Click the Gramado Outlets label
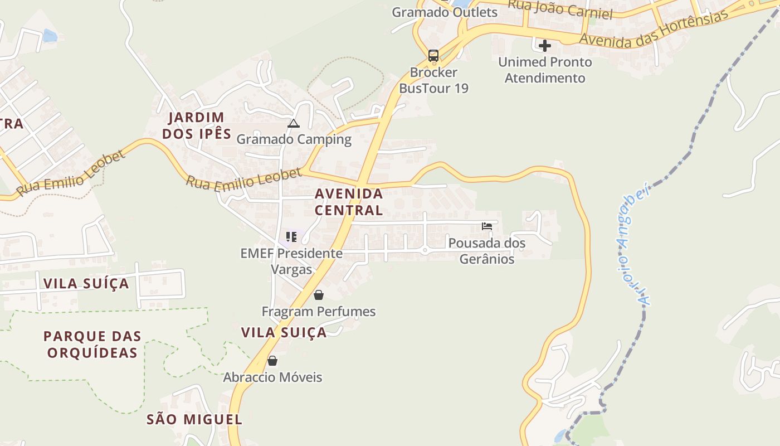click(x=445, y=12)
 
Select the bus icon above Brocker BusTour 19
click(x=433, y=56)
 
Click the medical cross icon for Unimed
click(x=545, y=45)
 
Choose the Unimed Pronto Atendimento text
click(x=545, y=70)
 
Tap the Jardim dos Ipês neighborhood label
click(x=197, y=125)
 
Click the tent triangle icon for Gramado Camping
click(x=294, y=123)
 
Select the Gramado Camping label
click(x=294, y=139)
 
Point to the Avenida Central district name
click(x=349, y=202)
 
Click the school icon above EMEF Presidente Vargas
click(x=291, y=237)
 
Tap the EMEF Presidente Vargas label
click(x=291, y=261)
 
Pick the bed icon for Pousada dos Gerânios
click(x=487, y=226)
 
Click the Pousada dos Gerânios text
click(x=487, y=251)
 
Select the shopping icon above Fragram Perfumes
click(x=319, y=295)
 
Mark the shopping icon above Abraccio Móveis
click(x=272, y=361)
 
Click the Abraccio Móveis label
click(x=272, y=377)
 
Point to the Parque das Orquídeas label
click(x=92, y=345)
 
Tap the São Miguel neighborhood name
click(x=194, y=420)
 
